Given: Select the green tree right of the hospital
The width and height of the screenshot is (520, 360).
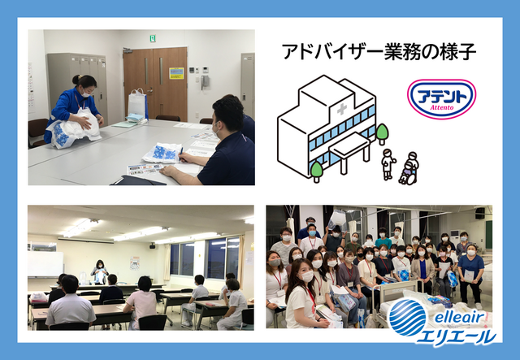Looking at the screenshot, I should click(x=382, y=132).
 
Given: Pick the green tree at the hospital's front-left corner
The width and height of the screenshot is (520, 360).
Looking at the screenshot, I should click(x=317, y=170).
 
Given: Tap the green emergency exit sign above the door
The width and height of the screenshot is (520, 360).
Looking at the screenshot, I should click(x=152, y=38).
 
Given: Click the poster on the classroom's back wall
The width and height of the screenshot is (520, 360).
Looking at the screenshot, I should click(x=135, y=262).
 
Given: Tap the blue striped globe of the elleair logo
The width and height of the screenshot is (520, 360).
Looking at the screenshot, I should click(x=406, y=317).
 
